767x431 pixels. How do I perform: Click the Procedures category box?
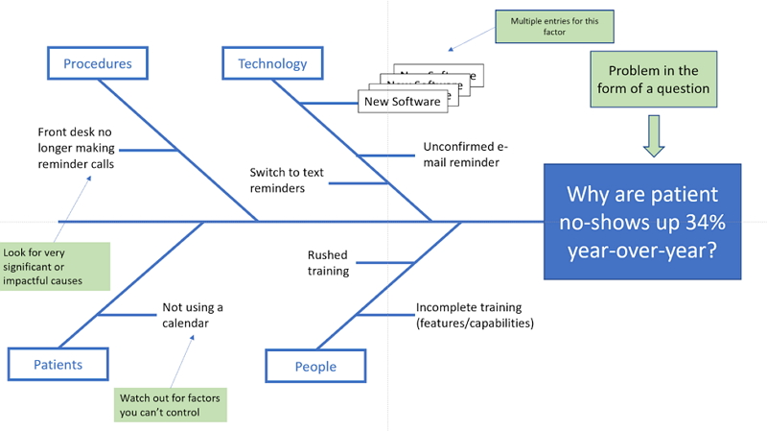(x=97, y=64)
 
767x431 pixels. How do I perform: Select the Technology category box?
(x=272, y=64)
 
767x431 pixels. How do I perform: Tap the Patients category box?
(x=58, y=365)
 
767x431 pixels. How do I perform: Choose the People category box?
(x=315, y=367)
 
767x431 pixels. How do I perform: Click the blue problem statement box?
(x=642, y=221)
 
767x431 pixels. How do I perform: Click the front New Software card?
(x=403, y=101)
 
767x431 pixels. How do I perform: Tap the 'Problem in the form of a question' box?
(x=652, y=80)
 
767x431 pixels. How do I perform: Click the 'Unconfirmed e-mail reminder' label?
(x=465, y=155)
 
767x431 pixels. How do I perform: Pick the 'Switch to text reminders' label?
(x=287, y=180)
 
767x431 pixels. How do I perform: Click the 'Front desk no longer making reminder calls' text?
(x=74, y=148)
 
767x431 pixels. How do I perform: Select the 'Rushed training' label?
(x=328, y=263)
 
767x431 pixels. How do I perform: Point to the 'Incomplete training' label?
(x=475, y=315)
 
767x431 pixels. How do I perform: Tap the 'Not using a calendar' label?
(x=192, y=315)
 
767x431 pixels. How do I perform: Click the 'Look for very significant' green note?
(x=56, y=266)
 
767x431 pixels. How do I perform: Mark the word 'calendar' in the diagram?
(x=184, y=323)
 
